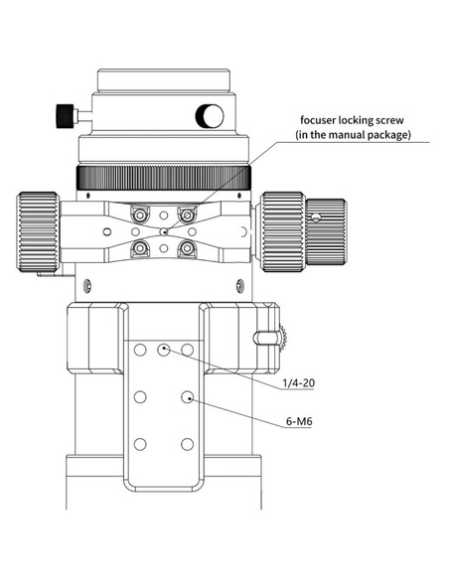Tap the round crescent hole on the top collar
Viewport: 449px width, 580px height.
[210, 116]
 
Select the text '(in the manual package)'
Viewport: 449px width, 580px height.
[353, 134]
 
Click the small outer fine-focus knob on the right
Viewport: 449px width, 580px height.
[325, 227]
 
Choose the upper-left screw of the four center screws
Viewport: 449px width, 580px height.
[141, 215]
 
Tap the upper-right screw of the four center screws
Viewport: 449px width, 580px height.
[185, 215]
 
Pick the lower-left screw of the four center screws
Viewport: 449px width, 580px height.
[141, 248]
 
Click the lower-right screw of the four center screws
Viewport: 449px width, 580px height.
[185, 248]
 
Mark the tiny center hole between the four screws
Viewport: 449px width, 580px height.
[164, 231]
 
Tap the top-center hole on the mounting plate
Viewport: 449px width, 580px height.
[164, 350]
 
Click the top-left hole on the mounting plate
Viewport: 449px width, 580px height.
[141, 350]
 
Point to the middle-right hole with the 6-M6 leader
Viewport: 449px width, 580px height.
[187, 397]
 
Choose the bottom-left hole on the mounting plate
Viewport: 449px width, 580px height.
[141, 444]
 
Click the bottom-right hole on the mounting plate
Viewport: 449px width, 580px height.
[187, 444]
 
